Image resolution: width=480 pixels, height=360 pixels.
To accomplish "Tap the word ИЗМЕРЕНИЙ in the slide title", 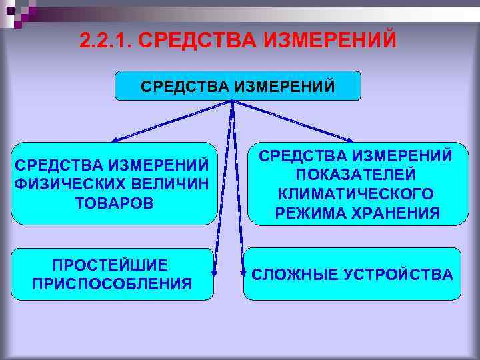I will (331, 40).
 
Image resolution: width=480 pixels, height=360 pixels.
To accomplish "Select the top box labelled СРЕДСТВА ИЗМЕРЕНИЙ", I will (238, 86).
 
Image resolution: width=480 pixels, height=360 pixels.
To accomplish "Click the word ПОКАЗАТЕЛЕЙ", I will (356, 175).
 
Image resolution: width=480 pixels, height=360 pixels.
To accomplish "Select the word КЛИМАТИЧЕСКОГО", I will (356, 193).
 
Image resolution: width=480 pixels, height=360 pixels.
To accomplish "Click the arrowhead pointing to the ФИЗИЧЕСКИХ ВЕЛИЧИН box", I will (115, 140).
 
